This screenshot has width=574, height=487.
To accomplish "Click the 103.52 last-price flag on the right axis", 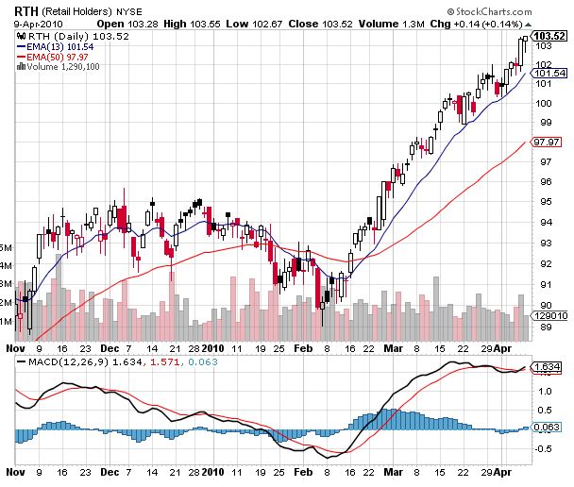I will click(549, 36).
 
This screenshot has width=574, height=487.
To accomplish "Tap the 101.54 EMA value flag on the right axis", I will click(549, 73).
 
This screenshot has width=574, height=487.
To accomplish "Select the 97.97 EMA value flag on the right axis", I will click(548, 142).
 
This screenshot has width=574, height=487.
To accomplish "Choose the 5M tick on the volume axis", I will click(7, 248).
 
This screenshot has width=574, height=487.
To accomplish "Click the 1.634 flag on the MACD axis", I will click(548, 366).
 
